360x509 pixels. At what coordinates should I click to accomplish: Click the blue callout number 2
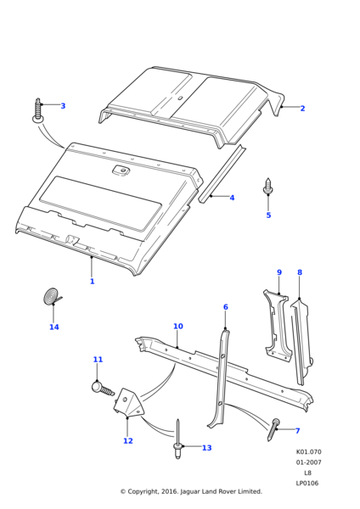coord(302,109)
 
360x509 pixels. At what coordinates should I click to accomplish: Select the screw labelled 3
coord(38,110)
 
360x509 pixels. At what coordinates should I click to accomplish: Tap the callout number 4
coord(232,198)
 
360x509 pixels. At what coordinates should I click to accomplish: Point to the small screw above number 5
coord(268,187)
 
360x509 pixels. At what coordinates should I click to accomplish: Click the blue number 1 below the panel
coord(92,281)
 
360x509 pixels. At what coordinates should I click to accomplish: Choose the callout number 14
coord(54,327)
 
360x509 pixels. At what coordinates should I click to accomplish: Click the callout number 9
coord(279,272)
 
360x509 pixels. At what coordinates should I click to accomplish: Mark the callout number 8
coord(300,272)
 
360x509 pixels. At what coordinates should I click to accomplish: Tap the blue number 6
coord(226,307)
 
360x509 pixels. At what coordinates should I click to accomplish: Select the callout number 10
coord(178,326)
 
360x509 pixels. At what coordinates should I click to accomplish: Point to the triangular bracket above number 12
coord(127,402)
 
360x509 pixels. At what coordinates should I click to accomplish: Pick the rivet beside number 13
coord(177,439)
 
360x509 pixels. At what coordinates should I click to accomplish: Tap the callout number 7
coord(297,431)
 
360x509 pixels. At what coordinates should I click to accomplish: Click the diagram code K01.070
coord(308,452)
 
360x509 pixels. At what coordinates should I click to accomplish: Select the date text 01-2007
coord(308,462)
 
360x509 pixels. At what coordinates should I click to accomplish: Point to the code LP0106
coord(307,483)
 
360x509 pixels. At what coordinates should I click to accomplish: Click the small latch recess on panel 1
coord(121,171)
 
